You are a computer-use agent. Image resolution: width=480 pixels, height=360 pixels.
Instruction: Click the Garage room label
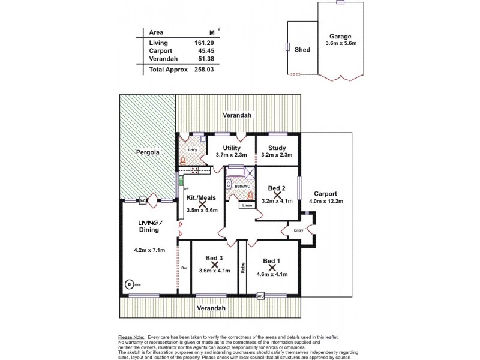click(340, 35)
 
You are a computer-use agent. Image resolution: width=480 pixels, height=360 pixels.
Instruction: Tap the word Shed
click(302, 50)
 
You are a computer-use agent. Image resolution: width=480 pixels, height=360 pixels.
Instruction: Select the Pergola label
click(146, 152)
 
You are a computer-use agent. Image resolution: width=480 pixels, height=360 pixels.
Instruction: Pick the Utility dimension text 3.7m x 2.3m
click(231, 155)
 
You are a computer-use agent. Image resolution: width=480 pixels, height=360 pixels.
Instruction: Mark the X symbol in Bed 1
click(272, 267)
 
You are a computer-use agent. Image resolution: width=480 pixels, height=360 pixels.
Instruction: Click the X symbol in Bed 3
click(214, 264)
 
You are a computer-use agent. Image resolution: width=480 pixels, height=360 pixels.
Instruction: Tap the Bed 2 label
click(276, 188)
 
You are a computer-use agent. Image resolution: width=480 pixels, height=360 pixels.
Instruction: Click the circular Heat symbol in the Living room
click(128, 284)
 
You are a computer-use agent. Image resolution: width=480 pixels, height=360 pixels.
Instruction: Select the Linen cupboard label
click(247, 205)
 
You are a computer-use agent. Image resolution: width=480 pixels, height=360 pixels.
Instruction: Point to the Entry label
click(298, 230)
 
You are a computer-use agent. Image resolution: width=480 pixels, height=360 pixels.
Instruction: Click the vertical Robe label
click(244, 268)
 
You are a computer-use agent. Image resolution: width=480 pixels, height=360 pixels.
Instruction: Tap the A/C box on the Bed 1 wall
click(260, 296)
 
